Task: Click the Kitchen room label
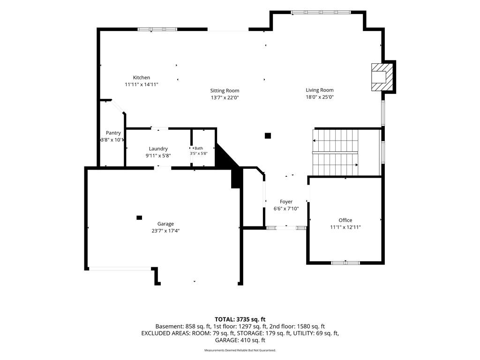(142, 77)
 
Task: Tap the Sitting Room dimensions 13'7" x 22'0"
(225, 97)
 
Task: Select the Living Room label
(320, 90)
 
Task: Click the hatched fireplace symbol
(382, 77)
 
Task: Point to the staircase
(335, 152)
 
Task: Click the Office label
(345, 220)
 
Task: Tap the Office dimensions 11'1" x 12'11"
(345, 227)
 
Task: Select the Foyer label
(286, 202)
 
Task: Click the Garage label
(165, 224)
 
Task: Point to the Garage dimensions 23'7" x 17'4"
(165, 231)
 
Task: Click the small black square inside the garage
(139, 217)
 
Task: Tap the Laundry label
(158, 149)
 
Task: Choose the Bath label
(199, 148)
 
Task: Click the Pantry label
(113, 133)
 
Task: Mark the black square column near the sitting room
(268, 135)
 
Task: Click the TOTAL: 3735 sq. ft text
(240, 320)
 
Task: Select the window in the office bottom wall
(345, 262)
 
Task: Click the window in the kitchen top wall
(157, 30)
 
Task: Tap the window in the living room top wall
(321, 12)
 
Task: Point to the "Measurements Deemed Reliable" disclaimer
(240, 350)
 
